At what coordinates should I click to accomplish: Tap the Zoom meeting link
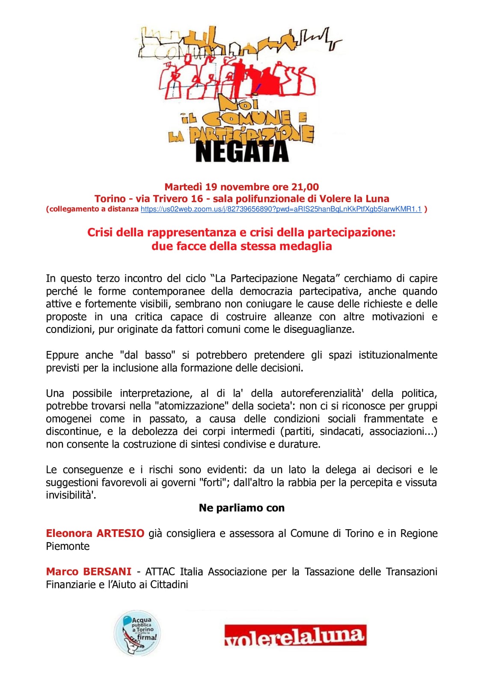coord(281,209)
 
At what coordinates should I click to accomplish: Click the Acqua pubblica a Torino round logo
coord(137,633)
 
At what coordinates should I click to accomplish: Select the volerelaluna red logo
coord(295,635)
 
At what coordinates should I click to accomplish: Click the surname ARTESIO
coord(120,534)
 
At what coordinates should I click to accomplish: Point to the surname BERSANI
coord(107,572)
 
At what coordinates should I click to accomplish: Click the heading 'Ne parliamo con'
coord(242,508)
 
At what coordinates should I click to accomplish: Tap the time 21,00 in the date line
coord(305,187)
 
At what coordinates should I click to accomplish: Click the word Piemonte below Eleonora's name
coord(68,546)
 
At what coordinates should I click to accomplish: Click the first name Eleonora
coord(68,534)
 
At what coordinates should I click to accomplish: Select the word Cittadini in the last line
coord(169,584)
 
